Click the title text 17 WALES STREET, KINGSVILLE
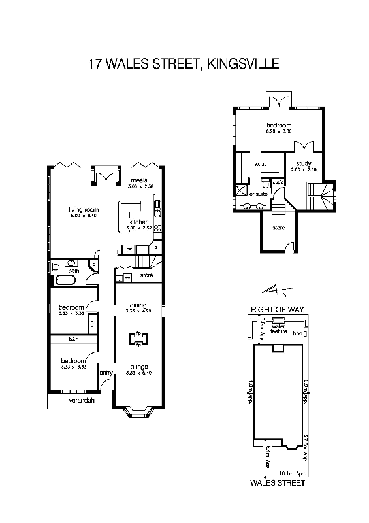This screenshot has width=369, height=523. (x=184, y=64)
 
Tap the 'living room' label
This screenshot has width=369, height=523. (x=83, y=210)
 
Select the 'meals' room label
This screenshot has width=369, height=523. (x=136, y=180)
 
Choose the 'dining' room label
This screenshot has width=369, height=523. (x=137, y=305)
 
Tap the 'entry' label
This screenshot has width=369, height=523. (x=106, y=373)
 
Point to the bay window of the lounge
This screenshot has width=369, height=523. (x=138, y=411)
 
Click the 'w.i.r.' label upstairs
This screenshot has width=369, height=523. (x=249, y=163)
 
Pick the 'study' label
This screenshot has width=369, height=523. (x=303, y=163)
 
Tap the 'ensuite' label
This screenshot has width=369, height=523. (x=260, y=194)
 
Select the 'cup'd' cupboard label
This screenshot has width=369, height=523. (x=277, y=181)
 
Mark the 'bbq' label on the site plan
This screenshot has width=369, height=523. (x=298, y=333)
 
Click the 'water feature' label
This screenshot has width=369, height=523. (x=278, y=329)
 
